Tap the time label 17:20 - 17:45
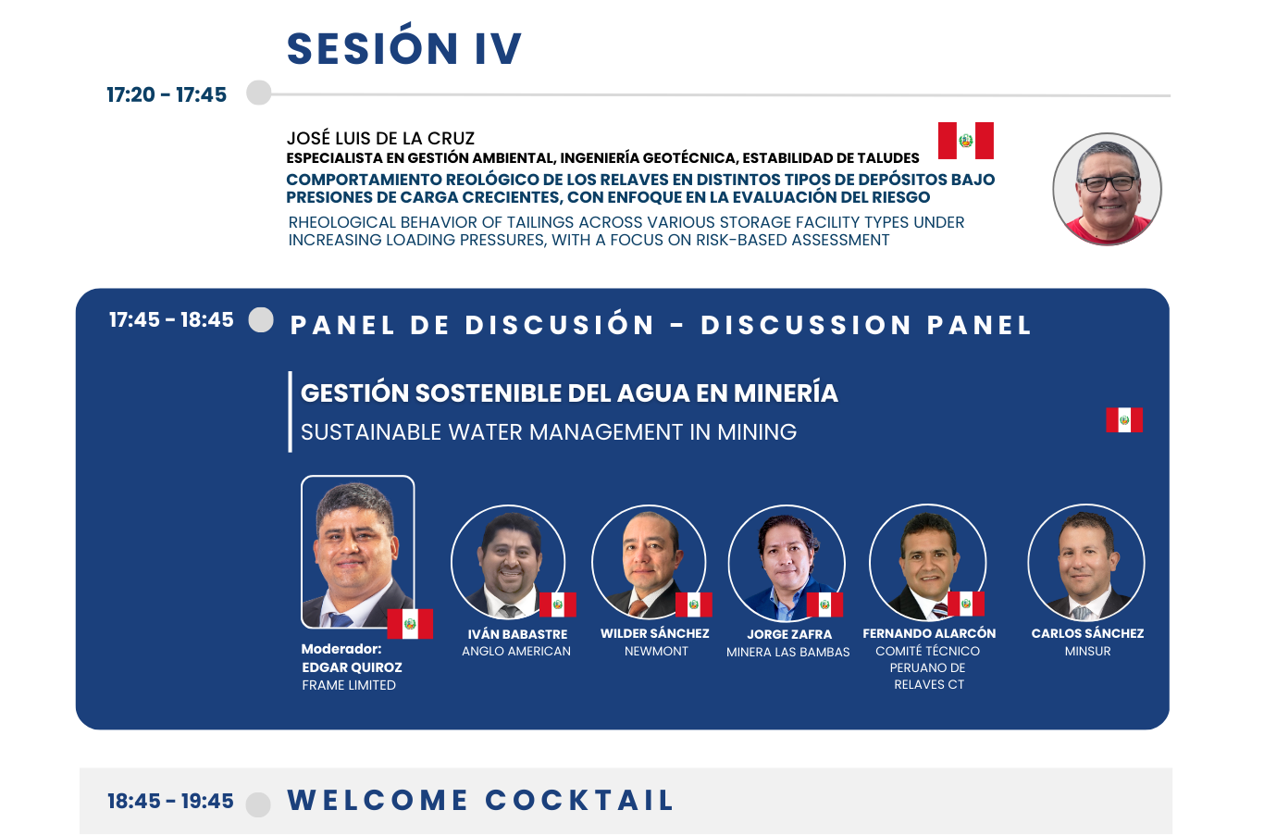pyautogui.click(x=167, y=94)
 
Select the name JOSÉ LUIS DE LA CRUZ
pyautogui.click(x=380, y=138)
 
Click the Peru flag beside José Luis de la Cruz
pyautogui.click(x=965, y=141)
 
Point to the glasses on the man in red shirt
pyautogui.click(x=1107, y=183)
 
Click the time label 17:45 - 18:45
pyautogui.click(x=171, y=319)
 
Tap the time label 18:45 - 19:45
pyautogui.click(x=170, y=801)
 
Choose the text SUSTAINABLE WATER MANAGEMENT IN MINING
pyautogui.click(x=549, y=432)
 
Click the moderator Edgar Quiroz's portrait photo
pyautogui.click(x=358, y=552)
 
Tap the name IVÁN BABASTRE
pyautogui.click(x=517, y=634)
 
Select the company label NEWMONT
pyautogui.click(x=656, y=651)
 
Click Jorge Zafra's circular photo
pyautogui.click(x=787, y=563)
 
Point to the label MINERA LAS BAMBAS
pyautogui.click(x=787, y=652)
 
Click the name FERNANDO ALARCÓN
pyautogui.click(x=929, y=633)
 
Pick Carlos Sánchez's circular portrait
pyautogui.click(x=1086, y=562)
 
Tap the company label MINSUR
pyautogui.click(x=1087, y=651)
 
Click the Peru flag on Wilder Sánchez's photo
pyautogui.click(x=693, y=604)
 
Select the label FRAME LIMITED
pyautogui.click(x=349, y=685)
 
